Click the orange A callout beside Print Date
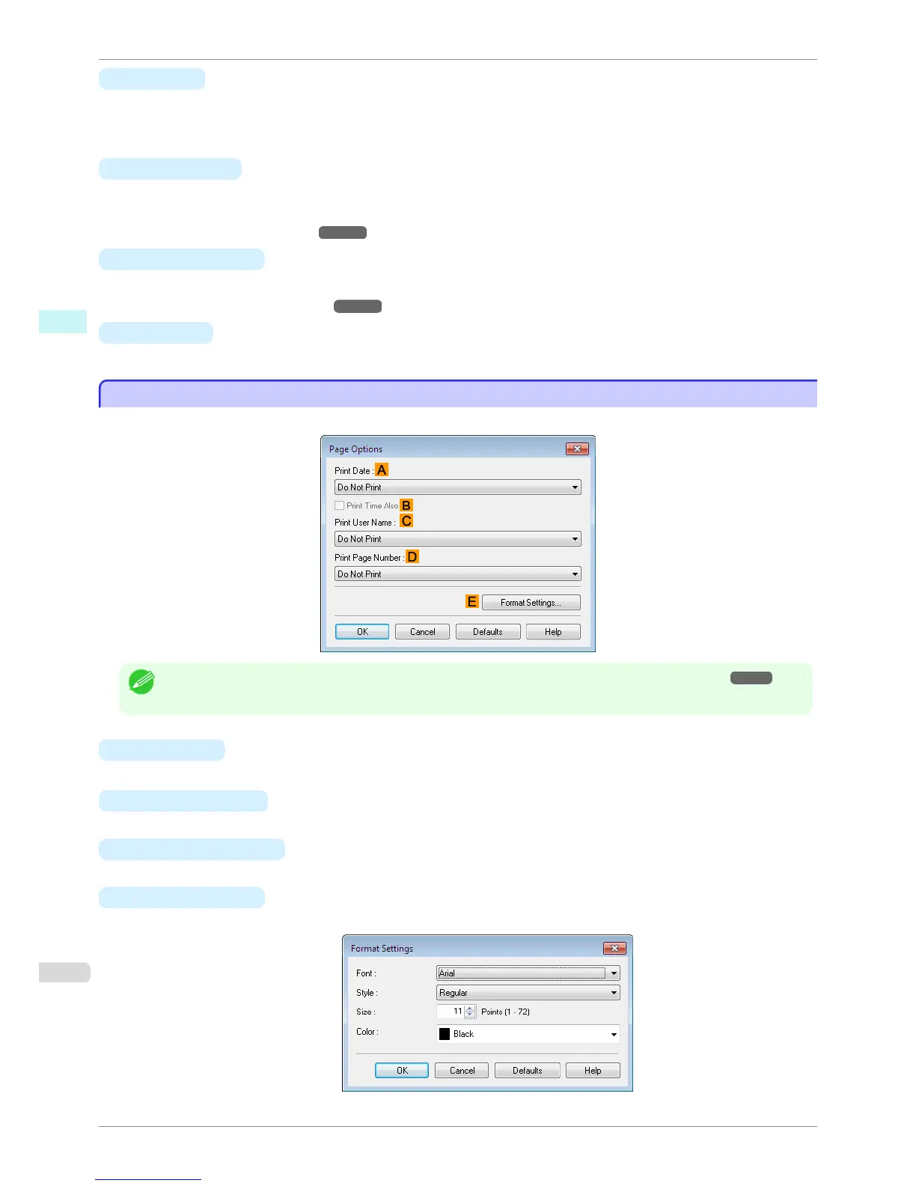click(382, 470)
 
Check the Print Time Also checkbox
click(340, 505)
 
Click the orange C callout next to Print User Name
click(406, 521)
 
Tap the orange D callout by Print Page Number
click(412, 556)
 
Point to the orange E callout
click(471, 602)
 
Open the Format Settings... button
click(531, 603)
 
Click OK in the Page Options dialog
click(362, 632)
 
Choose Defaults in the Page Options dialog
click(488, 632)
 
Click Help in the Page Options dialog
click(553, 632)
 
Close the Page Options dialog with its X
click(577, 448)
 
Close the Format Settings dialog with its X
click(614, 948)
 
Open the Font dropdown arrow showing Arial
click(614, 973)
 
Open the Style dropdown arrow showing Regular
click(614, 993)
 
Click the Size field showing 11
click(451, 1012)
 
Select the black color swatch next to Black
click(445, 1034)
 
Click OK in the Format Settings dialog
click(402, 1071)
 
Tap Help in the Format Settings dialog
click(593, 1071)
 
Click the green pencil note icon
click(141, 681)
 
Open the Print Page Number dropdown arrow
click(575, 574)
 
